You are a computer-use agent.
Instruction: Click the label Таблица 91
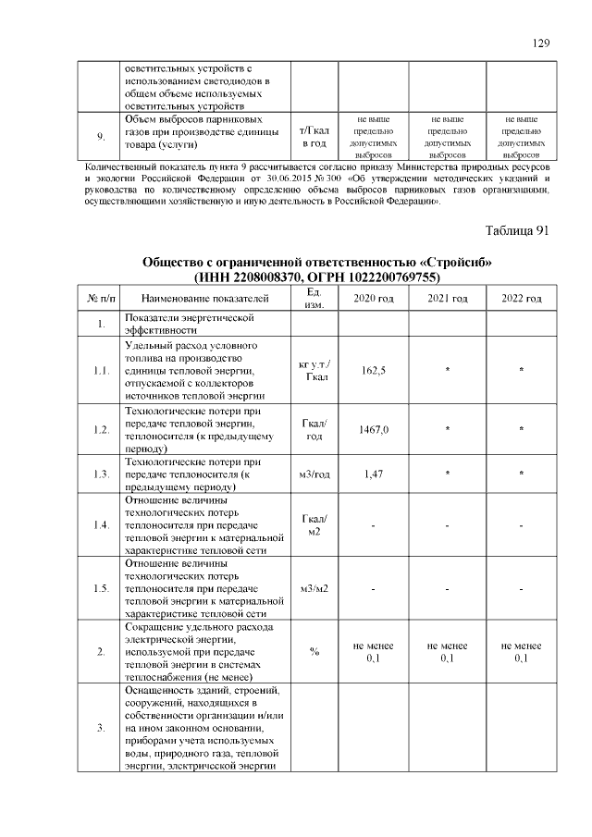tap(517, 230)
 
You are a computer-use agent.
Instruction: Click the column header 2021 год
tap(448, 298)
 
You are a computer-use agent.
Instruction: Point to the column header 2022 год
tap(522, 298)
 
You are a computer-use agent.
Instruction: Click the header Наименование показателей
tap(205, 298)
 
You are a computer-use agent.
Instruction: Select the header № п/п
tap(100, 298)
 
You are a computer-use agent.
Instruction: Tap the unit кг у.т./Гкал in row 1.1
tap(314, 370)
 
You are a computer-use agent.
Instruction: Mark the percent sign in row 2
tap(314, 652)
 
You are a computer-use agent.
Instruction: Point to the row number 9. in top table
tap(101, 137)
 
